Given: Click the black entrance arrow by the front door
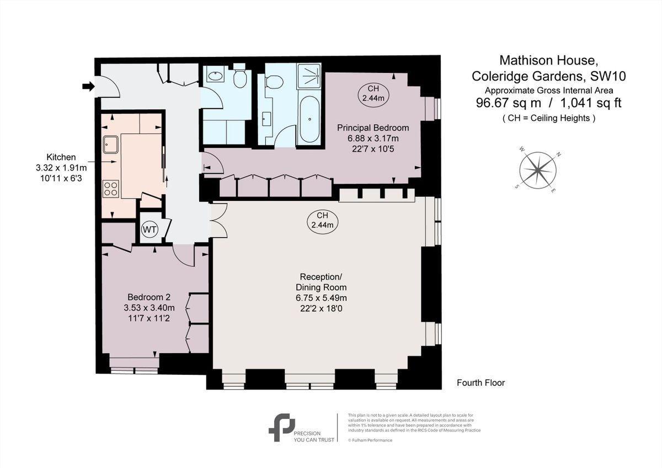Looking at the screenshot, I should pos(88,86).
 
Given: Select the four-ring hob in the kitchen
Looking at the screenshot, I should pos(110,189).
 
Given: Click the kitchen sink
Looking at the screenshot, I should pos(110,144).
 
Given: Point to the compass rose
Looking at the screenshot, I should pos(538,169).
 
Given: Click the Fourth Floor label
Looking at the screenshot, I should pos(481,382).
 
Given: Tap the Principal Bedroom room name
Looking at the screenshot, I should pos(373,127).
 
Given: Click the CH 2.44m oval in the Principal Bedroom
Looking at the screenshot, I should pos(373,93).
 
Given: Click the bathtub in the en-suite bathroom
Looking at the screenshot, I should pos(308,120).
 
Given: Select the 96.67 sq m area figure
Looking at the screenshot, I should pos(509,103).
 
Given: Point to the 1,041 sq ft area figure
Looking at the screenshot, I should pos(586,103).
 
